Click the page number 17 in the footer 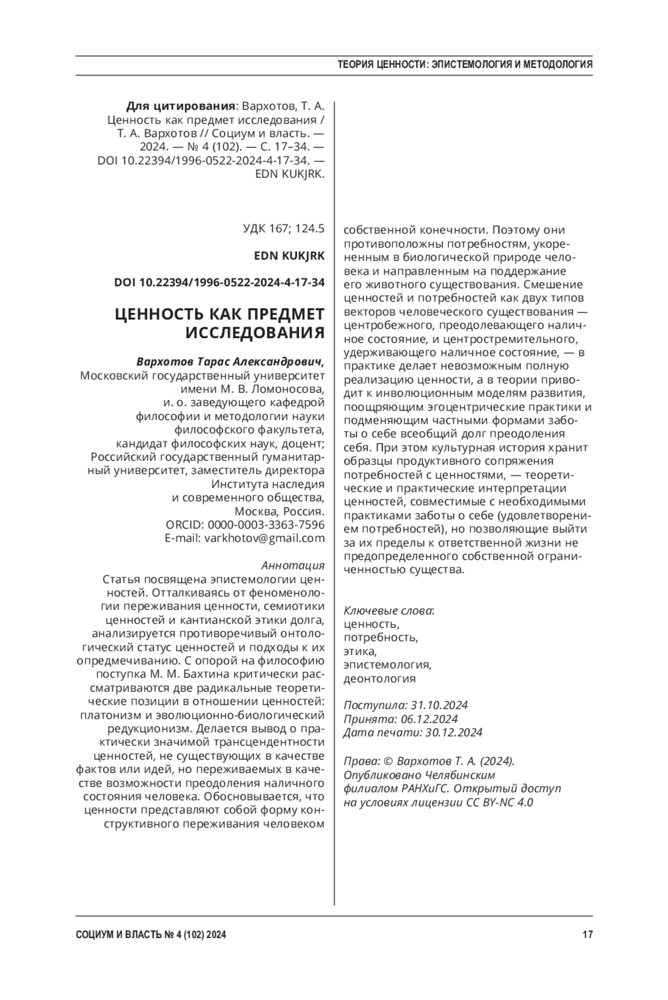click(587, 934)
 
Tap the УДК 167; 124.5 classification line click(284, 228)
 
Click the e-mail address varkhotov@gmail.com click(264, 538)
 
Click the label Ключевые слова click(389, 610)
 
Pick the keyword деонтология click(380, 679)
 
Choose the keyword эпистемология click(387, 665)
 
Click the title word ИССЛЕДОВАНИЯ click(254, 333)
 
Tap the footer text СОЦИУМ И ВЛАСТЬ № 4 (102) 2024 click(151, 935)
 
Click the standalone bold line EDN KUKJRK click(289, 255)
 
